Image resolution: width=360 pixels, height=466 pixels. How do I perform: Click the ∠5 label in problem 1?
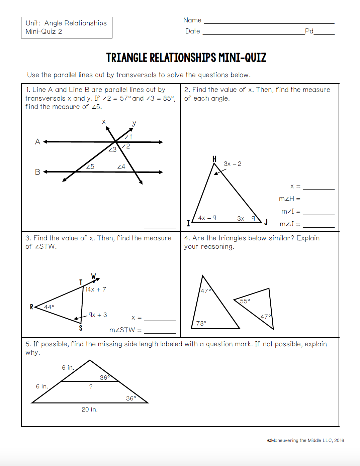90,166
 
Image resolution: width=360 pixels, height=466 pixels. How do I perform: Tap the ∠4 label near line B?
121,166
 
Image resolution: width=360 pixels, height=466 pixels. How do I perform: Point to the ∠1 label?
128,137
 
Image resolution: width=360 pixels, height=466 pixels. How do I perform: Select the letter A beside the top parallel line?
37,142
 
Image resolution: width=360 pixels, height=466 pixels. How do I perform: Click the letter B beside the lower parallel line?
37,172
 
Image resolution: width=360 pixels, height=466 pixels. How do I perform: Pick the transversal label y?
134,123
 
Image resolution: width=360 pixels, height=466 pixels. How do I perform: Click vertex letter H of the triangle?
214,159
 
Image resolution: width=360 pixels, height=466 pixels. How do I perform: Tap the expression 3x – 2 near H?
233,164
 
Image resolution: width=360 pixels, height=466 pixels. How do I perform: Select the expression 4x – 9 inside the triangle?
207,218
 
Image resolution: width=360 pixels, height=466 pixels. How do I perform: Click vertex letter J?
266,222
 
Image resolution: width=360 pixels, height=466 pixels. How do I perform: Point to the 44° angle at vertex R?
49,307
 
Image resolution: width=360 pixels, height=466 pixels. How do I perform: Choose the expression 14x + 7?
96,289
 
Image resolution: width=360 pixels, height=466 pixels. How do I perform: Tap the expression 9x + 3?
98,315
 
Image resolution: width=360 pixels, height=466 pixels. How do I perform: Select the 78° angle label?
201,323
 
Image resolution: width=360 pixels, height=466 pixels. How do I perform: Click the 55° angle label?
245,301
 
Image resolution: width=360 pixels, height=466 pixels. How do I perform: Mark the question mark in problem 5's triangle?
91,386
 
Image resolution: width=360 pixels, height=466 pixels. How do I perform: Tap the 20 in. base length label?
90,410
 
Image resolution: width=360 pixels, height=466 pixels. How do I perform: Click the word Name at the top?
192,20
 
